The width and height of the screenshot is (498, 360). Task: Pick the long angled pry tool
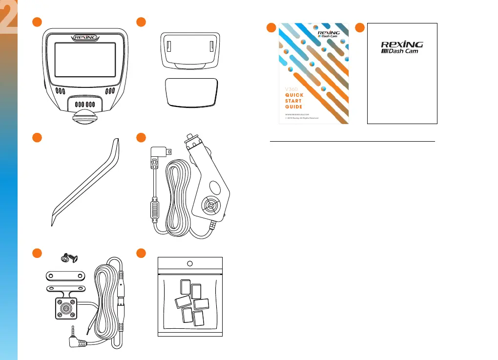86,181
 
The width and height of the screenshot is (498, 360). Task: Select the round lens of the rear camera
64,309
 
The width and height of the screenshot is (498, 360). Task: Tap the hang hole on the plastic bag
190,264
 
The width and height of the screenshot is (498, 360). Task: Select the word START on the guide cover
293,101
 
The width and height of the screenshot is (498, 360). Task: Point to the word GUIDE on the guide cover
293,106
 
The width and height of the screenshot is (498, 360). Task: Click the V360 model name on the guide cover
291,88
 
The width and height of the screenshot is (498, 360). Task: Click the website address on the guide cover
297,114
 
